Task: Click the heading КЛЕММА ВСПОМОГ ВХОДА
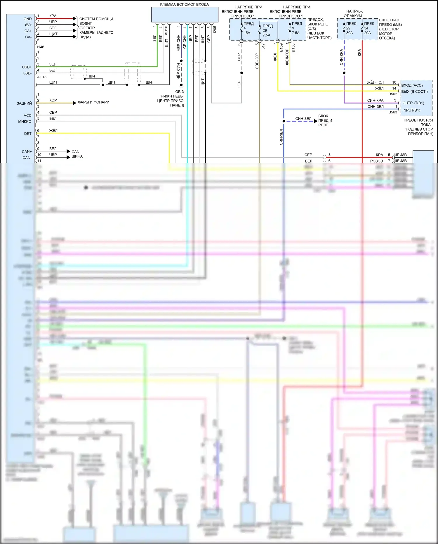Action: tap(184, 4)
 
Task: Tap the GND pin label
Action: tap(28, 19)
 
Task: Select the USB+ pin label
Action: tap(27, 67)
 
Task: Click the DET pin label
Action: tap(28, 134)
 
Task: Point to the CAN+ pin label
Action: tap(27, 152)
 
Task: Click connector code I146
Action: tap(41, 47)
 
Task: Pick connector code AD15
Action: tap(42, 77)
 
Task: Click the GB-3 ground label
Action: tap(179, 92)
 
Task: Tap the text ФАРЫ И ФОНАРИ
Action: tap(93, 102)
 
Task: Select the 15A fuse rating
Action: tap(247, 33)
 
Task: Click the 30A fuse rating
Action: tap(350, 33)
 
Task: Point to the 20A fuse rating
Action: tap(367, 33)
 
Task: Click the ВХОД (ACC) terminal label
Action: tap(412, 85)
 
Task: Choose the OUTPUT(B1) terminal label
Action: tap(413, 103)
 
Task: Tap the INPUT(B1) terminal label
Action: tap(411, 110)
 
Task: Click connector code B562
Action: tap(393, 94)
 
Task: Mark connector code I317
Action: tap(263, 47)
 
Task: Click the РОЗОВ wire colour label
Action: tap(376, 161)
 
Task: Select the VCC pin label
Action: tap(27, 115)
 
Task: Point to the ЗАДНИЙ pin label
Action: tap(24, 103)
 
